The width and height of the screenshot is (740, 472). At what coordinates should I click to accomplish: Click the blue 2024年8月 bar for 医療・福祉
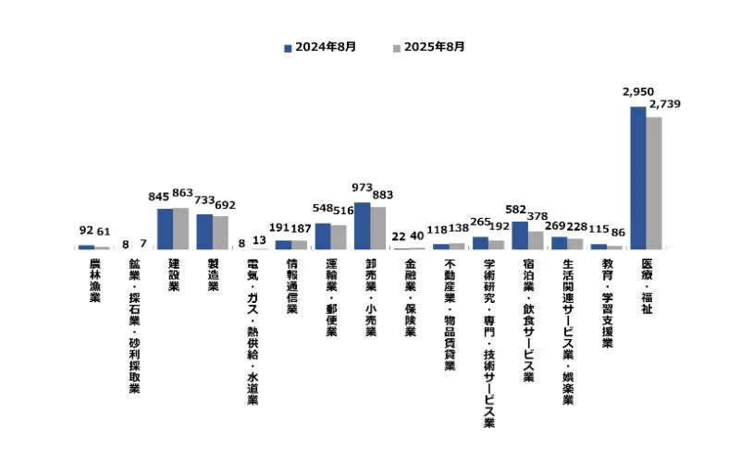coord(638,177)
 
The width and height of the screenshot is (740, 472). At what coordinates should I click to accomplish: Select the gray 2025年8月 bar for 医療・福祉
coord(654,183)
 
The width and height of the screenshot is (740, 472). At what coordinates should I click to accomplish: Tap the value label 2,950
coord(639,92)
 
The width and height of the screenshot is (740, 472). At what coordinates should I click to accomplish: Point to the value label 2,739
coord(665,104)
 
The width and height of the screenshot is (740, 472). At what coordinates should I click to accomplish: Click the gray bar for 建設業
coord(180,228)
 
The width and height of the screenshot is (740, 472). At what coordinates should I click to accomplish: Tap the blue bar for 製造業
coord(204,232)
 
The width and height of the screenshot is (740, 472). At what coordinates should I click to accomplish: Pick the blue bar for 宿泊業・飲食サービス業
coord(520,236)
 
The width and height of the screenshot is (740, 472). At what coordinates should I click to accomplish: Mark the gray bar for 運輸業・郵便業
coord(339,237)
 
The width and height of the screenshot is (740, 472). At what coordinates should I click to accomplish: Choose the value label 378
coord(537,216)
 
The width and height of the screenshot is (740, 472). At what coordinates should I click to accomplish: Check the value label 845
coord(159,196)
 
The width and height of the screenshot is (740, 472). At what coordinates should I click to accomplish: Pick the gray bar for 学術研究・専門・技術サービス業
coord(497,245)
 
